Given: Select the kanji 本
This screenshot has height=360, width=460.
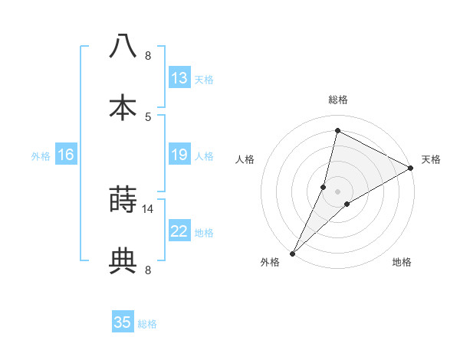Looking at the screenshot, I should (x=123, y=107).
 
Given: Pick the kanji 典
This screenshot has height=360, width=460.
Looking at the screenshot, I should (x=123, y=260).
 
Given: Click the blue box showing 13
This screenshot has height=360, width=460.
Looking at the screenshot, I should (x=179, y=78).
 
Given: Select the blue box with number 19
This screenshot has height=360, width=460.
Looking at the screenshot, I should (x=179, y=155).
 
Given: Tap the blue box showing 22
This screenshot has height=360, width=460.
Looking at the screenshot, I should (x=179, y=231).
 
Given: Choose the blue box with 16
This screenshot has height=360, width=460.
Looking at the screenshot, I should (x=66, y=155).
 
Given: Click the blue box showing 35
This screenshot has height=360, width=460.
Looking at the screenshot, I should (x=123, y=322).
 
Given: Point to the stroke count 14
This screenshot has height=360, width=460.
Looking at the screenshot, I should (x=148, y=208).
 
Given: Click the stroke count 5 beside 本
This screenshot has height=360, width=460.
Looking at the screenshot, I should (x=148, y=116).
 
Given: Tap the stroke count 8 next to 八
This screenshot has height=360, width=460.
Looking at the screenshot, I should (x=148, y=55).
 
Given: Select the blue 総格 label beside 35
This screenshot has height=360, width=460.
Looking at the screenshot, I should (x=148, y=324).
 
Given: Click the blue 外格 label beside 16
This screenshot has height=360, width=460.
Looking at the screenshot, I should (x=41, y=155).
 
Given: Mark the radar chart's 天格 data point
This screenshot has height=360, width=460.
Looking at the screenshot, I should (x=411, y=169).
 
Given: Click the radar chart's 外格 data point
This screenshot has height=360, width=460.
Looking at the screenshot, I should (x=292, y=253).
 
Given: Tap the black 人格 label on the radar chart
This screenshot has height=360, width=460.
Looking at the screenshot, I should (x=245, y=159).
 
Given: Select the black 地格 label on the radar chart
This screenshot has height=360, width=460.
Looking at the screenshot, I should (x=402, y=263).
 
